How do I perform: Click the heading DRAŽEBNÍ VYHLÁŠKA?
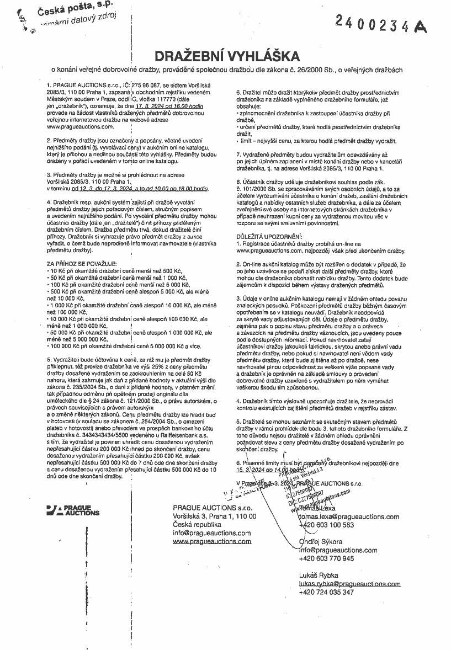click(227, 56)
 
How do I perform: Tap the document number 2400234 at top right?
click(374, 23)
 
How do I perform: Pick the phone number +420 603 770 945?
click(326, 558)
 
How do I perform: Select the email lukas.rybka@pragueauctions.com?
click(349, 583)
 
